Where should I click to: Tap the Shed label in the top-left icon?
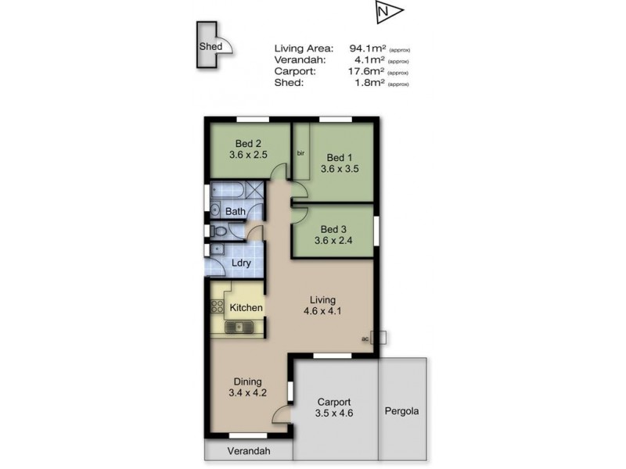coord(210,47)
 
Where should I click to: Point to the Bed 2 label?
coord(248,143)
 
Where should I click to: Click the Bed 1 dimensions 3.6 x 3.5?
coord(339,167)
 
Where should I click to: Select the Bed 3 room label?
coord(333,229)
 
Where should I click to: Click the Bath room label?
coord(236,211)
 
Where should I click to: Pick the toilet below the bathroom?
coord(220,231)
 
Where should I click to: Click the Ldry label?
coord(241,263)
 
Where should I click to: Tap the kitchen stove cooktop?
coord(217,306)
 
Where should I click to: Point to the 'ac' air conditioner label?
coord(365,338)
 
